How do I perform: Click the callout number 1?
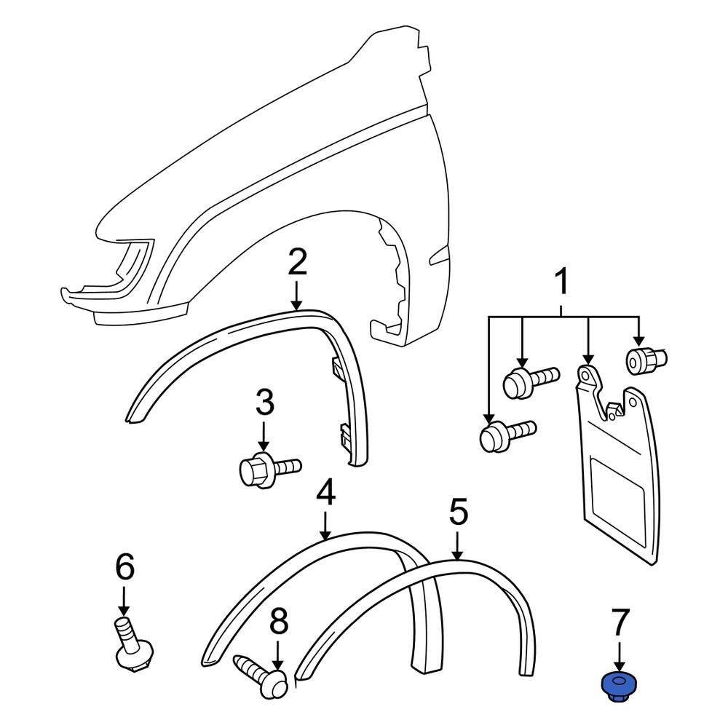[x=562, y=285]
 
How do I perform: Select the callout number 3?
[x=264, y=404]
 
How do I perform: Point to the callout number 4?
[x=325, y=494]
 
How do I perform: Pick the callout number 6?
[x=124, y=567]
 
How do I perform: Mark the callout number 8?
[x=278, y=622]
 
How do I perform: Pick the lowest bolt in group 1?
[x=506, y=435]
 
